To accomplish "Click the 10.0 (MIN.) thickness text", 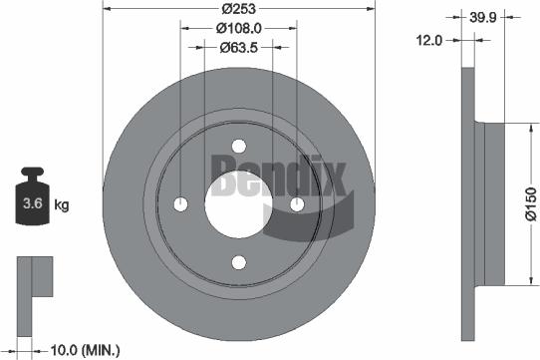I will coord(86,350).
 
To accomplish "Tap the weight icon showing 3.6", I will coord(32,200).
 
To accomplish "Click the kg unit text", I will coord(62,206).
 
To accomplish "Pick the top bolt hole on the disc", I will coord(238,146).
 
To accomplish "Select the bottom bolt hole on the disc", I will coord(238,262).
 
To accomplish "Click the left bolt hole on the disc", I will coord(180,204).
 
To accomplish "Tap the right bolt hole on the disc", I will coord(297,204).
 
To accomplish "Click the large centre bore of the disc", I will coord(238,204).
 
